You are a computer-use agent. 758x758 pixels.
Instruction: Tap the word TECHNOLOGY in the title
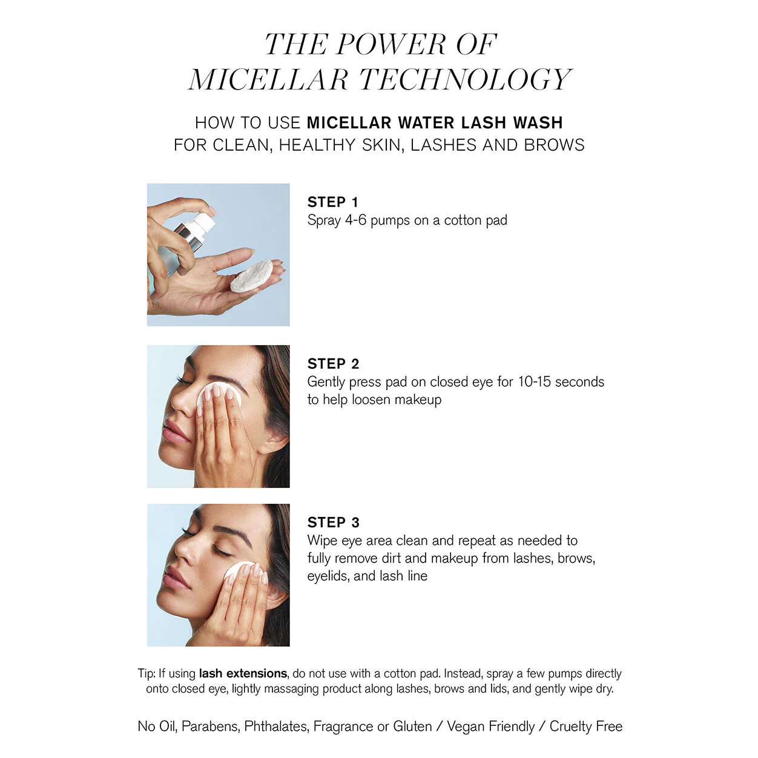click(466, 79)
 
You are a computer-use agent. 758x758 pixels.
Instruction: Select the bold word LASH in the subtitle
click(483, 123)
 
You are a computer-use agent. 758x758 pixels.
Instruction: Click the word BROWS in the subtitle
click(554, 145)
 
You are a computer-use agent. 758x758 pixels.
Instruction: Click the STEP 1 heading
click(333, 202)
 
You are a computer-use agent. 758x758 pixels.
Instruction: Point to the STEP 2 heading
click(334, 364)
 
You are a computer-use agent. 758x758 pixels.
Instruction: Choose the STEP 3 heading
click(334, 522)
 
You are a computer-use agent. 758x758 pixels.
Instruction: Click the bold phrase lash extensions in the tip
click(243, 674)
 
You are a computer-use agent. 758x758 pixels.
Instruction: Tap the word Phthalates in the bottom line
click(275, 727)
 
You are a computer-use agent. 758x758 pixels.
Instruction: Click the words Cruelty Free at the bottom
click(586, 727)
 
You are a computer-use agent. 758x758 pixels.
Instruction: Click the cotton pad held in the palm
click(252, 276)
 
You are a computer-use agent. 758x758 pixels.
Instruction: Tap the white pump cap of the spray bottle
click(202, 223)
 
